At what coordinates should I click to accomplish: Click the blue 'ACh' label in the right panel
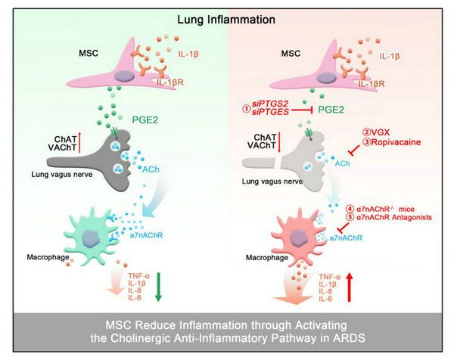(342, 163)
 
